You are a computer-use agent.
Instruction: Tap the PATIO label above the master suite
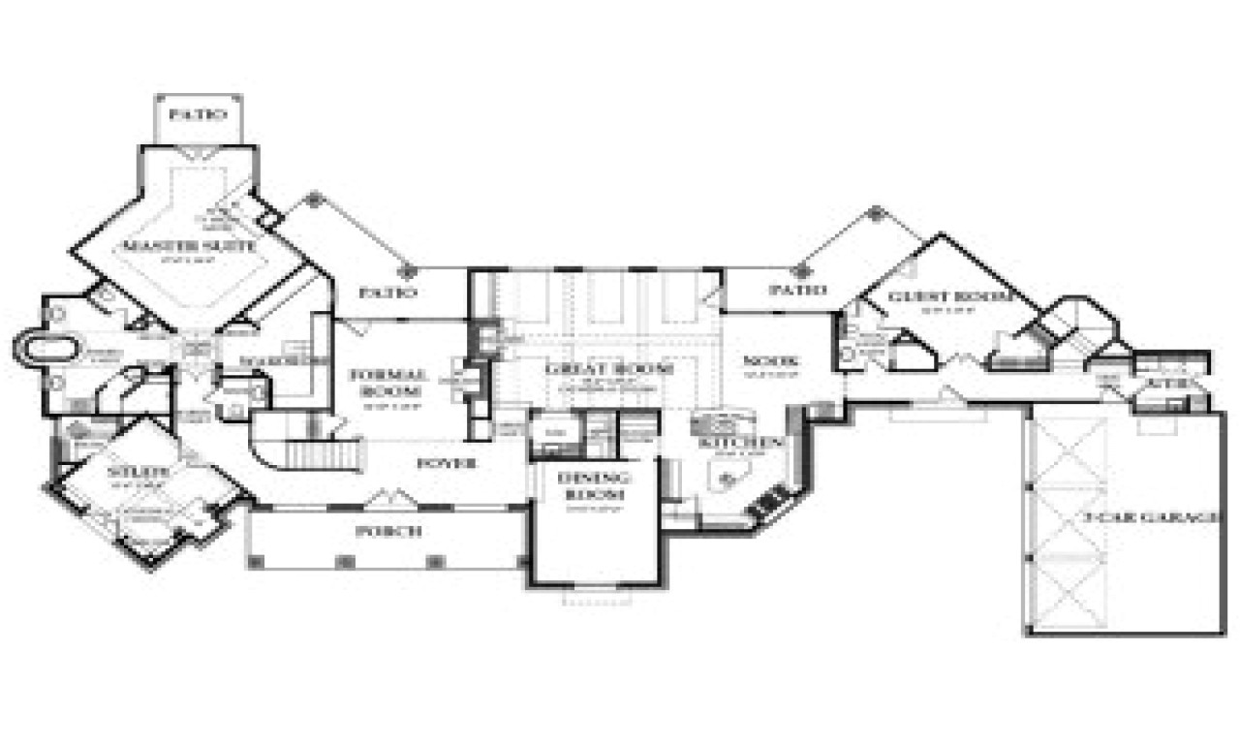pos(198,114)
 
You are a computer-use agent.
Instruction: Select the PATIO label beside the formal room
pos(387,291)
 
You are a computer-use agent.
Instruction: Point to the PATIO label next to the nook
pos(798,289)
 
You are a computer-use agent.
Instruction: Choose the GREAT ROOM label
pos(609,369)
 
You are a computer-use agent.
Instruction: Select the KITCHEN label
pos(743,443)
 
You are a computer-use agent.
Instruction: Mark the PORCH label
pos(388,531)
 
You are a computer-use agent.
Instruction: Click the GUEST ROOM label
pos(937,296)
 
